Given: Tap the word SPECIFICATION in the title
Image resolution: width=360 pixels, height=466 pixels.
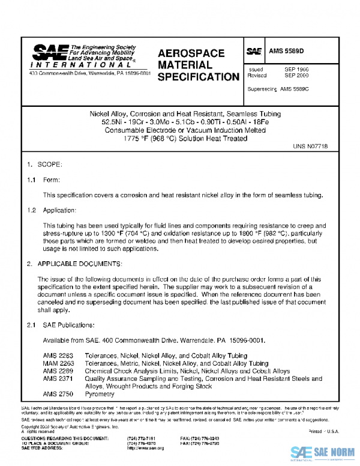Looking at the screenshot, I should [199, 77].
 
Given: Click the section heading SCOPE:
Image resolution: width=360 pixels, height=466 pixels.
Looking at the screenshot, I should [54, 164].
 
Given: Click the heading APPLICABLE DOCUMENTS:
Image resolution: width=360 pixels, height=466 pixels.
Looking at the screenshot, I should [88, 264].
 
